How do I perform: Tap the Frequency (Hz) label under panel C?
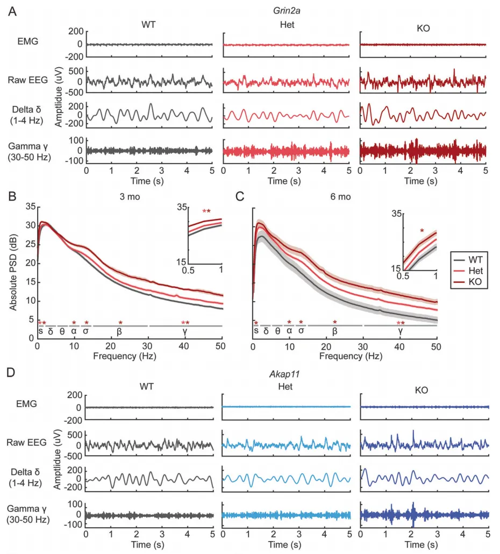[344, 356]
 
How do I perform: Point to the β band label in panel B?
[119, 331]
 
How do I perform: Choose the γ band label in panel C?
[401, 331]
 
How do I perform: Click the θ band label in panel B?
[62, 331]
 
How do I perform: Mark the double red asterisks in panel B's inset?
[206, 211]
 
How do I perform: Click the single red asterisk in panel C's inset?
[422, 231]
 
